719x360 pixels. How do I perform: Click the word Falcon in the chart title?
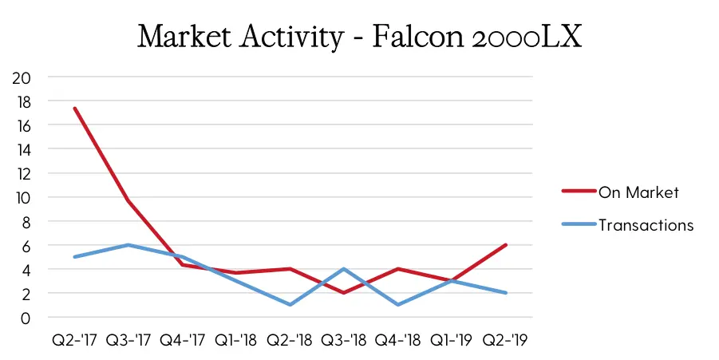point(417,36)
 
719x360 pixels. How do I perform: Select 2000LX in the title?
point(526,36)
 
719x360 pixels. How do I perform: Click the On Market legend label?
point(638,192)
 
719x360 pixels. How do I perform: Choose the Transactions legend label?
point(646,225)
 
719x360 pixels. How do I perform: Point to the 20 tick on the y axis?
point(21,77)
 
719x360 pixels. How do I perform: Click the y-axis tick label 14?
point(22,149)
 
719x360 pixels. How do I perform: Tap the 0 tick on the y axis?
point(26,318)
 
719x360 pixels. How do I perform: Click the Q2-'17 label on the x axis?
point(74,340)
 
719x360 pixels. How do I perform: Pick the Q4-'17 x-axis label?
point(182,340)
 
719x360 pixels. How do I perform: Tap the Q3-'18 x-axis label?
point(344,340)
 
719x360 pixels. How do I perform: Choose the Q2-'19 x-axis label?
point(505,340)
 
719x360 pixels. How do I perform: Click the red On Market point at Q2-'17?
point(75,109)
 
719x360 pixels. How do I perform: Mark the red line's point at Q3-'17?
point(128,200)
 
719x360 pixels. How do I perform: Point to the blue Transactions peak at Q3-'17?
point(128,245)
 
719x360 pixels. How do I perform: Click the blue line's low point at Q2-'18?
point(290,304)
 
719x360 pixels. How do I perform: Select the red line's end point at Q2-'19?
point(506,245)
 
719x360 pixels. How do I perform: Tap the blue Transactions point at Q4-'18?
point(398,304)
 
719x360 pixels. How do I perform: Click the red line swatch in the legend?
point(579,191)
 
